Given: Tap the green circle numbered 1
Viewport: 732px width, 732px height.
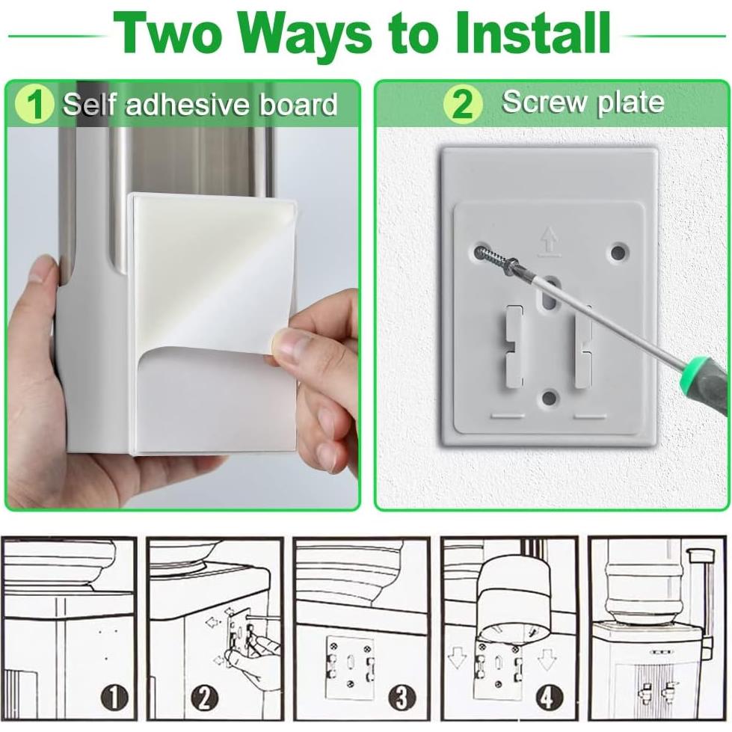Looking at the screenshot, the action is coord(34,104).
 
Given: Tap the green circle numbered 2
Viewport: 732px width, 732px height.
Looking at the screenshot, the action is coord(462,104).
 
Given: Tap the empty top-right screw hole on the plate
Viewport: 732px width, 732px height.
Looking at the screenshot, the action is coord(618,253).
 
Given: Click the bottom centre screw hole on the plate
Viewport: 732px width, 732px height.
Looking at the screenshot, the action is coord(550,399).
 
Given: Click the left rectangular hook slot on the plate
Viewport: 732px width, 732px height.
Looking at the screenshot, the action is coord(514,346).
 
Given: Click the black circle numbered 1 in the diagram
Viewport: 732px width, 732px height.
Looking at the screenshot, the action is coord(114,698).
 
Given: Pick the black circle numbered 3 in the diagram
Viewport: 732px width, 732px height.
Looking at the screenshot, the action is coord(402,698).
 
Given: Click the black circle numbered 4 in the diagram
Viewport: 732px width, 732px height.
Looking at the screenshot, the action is coord(549,698).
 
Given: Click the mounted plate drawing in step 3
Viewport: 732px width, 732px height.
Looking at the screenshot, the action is coord(350,667).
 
